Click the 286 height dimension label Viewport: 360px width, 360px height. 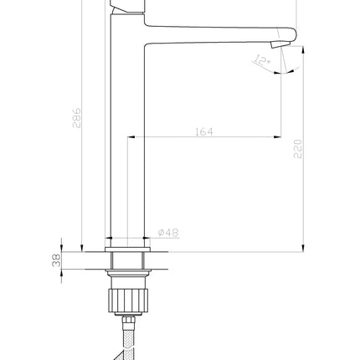(x=76, y=118)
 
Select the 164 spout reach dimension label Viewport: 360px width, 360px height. (x=203, y=131)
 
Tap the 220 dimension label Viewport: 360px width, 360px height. (x=298, y=149)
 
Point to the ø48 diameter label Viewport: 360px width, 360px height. (x=168, y=233)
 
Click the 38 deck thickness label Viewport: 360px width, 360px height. (x=56, y=260)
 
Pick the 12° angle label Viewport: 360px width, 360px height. (x=261, y=60)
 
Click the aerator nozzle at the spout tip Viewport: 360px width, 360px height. (x=280, y=44)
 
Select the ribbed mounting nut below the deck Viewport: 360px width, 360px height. (x=128, y=301)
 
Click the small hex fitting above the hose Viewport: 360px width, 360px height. (x=129, y=320)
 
